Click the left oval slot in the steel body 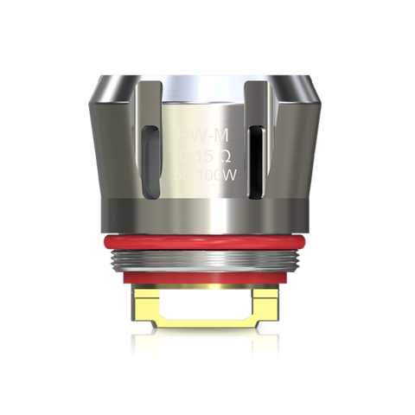[152, 156]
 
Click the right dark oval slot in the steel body [258, 156]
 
